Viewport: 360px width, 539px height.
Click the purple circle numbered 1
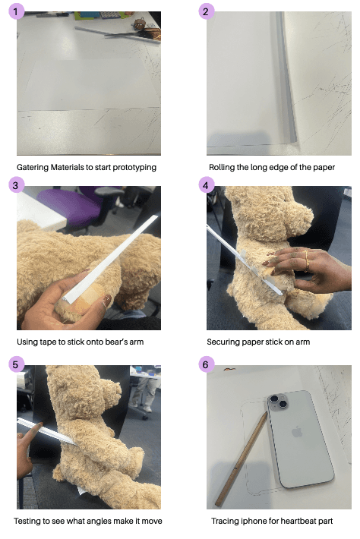pyautogui.click(x=16, y=11)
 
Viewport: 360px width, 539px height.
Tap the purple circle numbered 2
pyautogui.click(x=206, y=11)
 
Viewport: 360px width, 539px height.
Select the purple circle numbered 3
pyautogui.click(x=16, y=185)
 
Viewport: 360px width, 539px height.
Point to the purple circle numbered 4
pyautogui.click(x=206, y=185)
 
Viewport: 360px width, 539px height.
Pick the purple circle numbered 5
pyautogui.click(x=16, y=364)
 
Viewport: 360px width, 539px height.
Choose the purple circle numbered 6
pyautogui.click(x=206, y=364)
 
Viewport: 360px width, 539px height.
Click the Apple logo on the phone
pyautogui.click(x=297, y=432)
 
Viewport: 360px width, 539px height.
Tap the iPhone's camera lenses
pyautogui.click(x=279, y=401)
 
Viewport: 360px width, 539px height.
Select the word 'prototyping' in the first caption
pyautogui.click(x=134, y=168)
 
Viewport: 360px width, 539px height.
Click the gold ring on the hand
pyautogui.click(x=307, y=262)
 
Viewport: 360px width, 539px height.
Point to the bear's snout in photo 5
pyautogui.click(x=113, y=389)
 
